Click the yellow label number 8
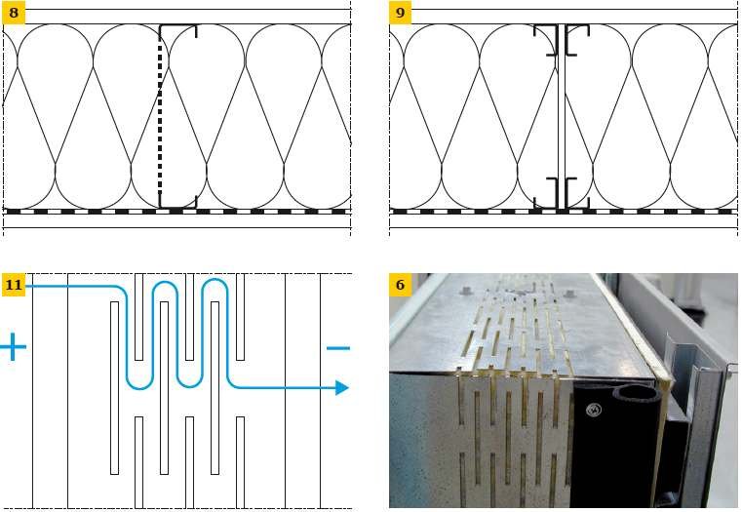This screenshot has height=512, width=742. pos(14,13)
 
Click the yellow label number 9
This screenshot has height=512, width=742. pos(401,13)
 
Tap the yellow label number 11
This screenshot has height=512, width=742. pos(14,285)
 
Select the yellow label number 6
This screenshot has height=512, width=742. pos(401,285)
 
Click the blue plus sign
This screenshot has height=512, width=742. pos(13,347)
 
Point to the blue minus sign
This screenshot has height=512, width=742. pos(338,348)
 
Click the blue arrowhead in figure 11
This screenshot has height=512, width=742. pos(342,387)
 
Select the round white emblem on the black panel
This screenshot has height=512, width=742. pos(594,410)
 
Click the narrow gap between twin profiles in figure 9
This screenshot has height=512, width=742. pos(562,116)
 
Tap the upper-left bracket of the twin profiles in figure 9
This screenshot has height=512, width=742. pos(548,41)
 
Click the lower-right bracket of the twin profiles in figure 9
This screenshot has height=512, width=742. pos(577,193)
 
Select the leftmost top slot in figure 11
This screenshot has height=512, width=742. pos(138,317)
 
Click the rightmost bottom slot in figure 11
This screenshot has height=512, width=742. pos(241,462)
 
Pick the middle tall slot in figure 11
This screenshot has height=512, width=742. pos(164,387)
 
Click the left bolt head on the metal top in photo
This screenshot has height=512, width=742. pos(463,289)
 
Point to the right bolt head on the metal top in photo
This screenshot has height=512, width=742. pos(568,293)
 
